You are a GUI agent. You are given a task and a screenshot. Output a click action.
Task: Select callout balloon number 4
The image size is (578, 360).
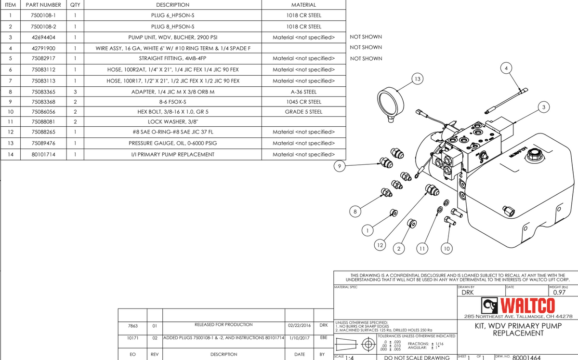point(506,67)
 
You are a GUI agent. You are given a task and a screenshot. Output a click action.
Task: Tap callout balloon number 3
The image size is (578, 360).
point(543,107)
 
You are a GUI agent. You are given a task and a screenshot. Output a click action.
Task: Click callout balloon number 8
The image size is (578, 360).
point(355,211)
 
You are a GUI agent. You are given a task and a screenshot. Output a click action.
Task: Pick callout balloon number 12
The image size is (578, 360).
point(380,245)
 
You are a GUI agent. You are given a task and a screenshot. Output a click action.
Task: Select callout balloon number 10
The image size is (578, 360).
point(447,249)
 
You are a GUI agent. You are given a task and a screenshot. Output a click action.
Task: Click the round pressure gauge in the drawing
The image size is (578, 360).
point(392,103)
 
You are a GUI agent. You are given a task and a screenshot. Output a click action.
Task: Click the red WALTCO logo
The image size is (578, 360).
point(513,305)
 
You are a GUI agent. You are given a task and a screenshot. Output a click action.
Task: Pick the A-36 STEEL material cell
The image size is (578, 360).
point(303,91)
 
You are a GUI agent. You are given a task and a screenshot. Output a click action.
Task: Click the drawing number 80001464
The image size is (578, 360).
point(526,357)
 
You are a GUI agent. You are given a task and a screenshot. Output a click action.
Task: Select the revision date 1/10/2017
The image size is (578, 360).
point(299,337)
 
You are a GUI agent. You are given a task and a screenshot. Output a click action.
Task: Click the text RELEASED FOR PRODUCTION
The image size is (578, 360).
point(223,325)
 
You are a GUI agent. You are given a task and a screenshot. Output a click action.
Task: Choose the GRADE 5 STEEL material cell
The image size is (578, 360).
point(303,112)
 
